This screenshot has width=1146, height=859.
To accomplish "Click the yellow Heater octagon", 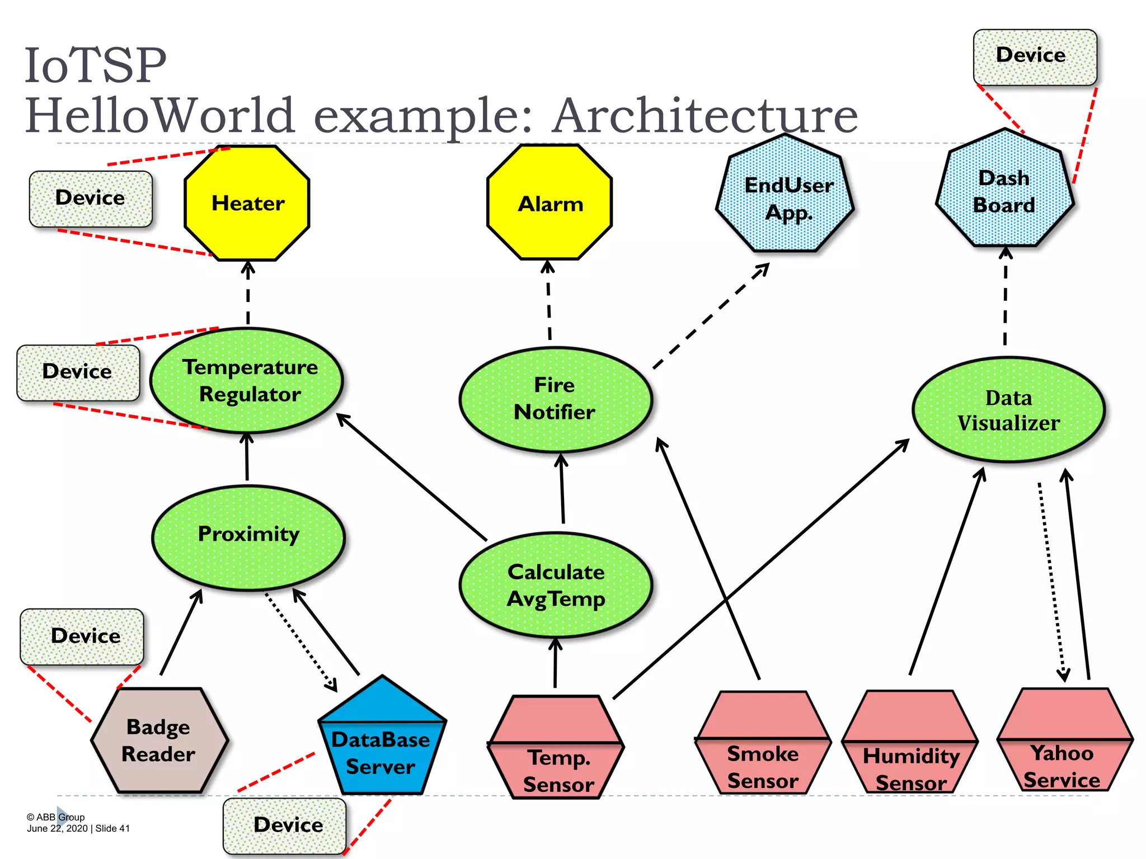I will pos(247,204).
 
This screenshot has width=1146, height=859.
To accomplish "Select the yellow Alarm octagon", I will pos(549,204).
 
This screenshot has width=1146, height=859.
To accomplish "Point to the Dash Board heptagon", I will pos(1004,191).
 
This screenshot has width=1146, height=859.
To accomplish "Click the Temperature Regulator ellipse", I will pos(247,381).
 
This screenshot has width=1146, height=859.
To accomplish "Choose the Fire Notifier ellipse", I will pos(556,399).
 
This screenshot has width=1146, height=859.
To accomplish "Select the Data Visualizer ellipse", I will pos(1008,410).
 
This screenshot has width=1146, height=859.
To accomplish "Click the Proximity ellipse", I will pos(248,537).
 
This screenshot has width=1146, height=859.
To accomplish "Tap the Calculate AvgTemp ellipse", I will pos(556,585).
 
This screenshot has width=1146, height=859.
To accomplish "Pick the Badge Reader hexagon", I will pos(159,740).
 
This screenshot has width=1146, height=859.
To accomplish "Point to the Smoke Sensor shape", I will pos(762,744).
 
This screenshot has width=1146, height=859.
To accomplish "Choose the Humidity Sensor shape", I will pos(910,744).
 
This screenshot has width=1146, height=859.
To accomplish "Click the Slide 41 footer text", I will pos(112,828).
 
